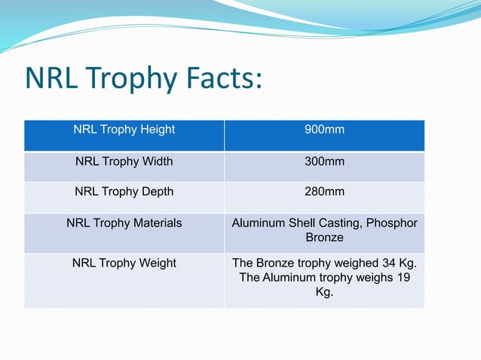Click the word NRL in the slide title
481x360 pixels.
(x=51, y=79)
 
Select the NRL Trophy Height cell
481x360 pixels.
(x=124, y=130)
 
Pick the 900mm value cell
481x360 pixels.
(x=324, y=130)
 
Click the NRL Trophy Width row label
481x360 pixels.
(x=124, y=161)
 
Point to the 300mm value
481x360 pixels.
(x=324, y=161)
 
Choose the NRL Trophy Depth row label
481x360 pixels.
(x=124, y=192)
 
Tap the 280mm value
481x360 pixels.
(x=324, y=192)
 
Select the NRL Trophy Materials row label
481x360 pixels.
(x=124, y=224)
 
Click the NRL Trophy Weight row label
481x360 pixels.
(x=124, y=264)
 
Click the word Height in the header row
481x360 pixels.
(x=158, y=130)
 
